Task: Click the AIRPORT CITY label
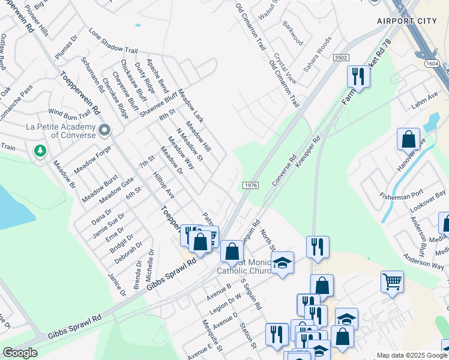tap(406, 21)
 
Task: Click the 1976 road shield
tap(251, 185)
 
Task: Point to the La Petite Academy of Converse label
tap(61, 130)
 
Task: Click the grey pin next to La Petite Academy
tap(104, 130)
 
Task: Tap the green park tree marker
tap(40, 151)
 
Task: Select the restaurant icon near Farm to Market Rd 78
tap(358, 77)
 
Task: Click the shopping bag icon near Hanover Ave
tap(408, 140)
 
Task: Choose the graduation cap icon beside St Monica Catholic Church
tap(282, 263)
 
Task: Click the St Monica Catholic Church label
tap(248, 266)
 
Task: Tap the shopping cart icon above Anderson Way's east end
tap(392, 281)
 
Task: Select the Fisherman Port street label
tap(402, 196)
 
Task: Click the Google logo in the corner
tap(19, 353)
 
